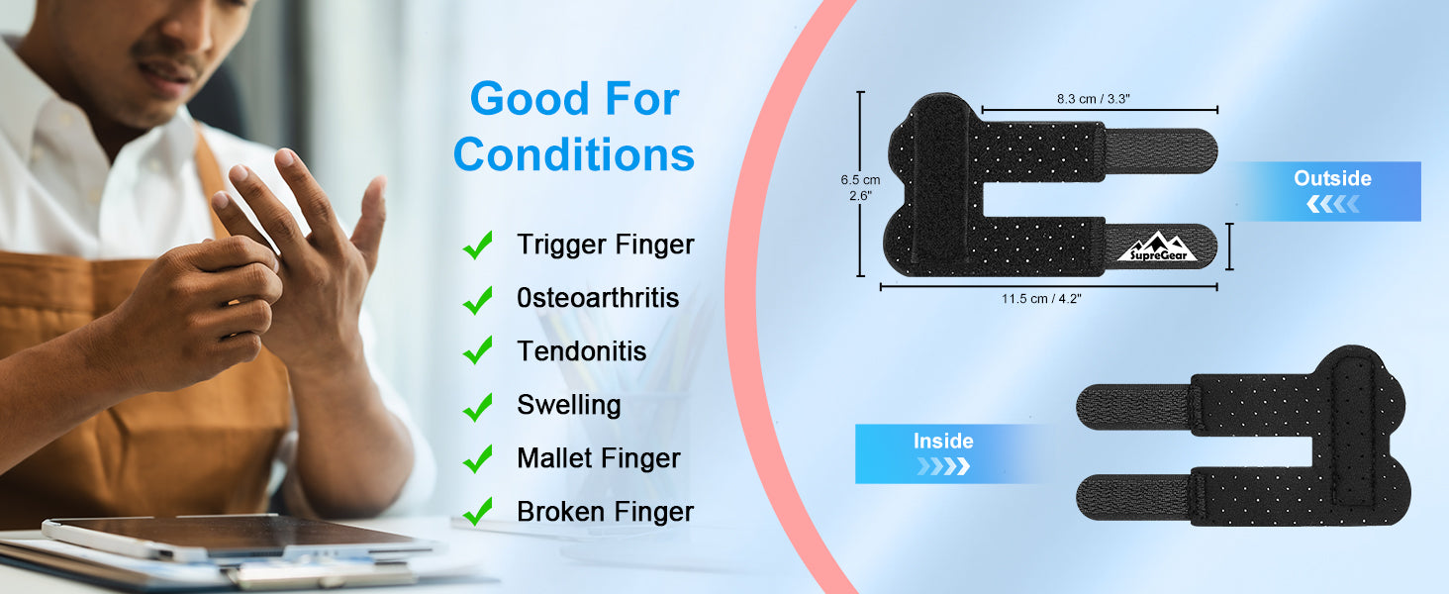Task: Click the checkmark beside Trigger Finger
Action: coord(478,246)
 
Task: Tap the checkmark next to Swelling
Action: coord(478,407)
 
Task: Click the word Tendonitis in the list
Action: coord(582,351)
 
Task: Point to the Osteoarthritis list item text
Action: coord(598,298)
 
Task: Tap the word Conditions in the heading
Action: coord(574,154)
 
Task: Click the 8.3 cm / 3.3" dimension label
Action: coord(1094,99)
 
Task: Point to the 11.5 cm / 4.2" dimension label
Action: coord(1041,298)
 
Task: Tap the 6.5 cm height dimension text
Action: coord(860,180)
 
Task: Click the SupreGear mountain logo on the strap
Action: coord(1158,247)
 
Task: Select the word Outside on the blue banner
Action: coord(1332,178)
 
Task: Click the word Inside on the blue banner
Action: coord(943,441)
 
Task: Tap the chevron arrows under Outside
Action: coord(1333,205)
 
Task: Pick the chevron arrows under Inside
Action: coord(943,466)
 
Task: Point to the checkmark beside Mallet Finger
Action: coord(478,458)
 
